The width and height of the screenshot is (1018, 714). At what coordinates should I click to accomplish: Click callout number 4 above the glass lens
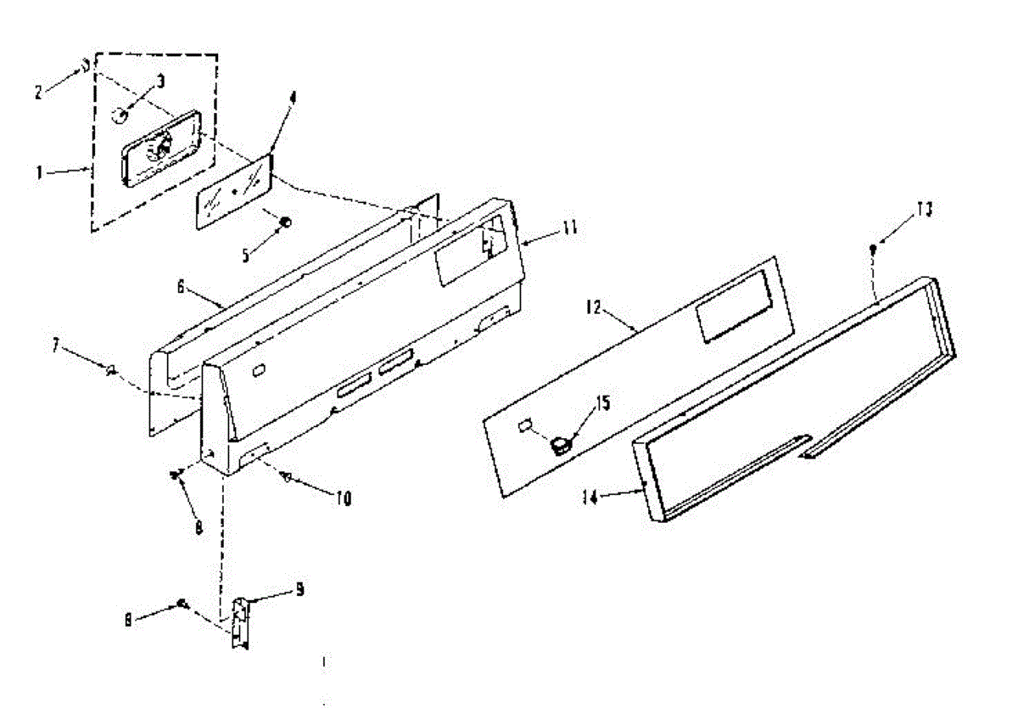click(x=292, y=98)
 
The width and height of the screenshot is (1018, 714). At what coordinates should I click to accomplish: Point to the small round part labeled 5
click(x=286, y=222)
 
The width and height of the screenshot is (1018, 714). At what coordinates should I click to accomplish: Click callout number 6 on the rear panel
click(x=181, y=288)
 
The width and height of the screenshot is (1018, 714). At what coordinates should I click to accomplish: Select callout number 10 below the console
click(x=343, y=498)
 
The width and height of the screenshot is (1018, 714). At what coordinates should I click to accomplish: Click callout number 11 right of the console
click(x=569, y=227)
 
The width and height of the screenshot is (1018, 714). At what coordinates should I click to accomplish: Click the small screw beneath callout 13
click(x=873, y=249)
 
